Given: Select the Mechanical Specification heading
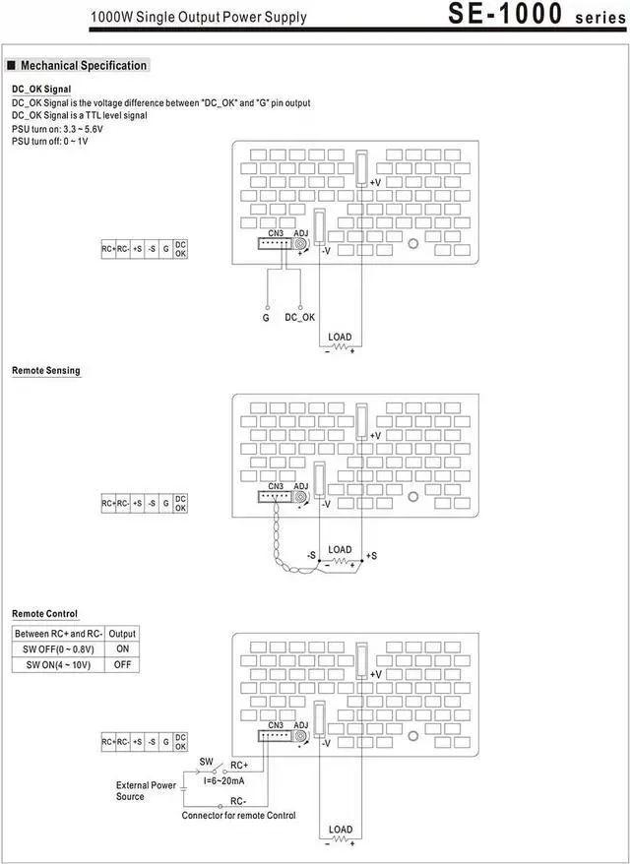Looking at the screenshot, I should click(84, 66).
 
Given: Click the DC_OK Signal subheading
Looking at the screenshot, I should click(41, 90).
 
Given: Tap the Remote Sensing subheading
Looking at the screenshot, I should click(46, 371).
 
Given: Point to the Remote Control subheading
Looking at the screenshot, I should click(45, 614).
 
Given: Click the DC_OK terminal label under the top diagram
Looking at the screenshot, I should click(300, 318).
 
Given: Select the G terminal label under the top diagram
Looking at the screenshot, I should click(266, 318).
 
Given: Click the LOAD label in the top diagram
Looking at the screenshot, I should click(340, 338).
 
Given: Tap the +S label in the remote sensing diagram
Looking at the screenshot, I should click(371, 556).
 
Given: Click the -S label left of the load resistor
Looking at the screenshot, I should click(310, 556).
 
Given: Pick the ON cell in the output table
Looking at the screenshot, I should click(123, 649).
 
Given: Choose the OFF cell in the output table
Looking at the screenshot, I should click(123, 665).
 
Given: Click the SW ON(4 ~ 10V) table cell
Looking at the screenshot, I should click(59, 665).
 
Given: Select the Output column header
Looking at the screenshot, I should click(123, 634).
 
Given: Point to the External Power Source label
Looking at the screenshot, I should click(145, 790).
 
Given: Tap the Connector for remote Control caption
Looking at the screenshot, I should click(238, 816).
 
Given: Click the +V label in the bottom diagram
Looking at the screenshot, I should click(375, 675).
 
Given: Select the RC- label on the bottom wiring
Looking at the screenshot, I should click(239, 803).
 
